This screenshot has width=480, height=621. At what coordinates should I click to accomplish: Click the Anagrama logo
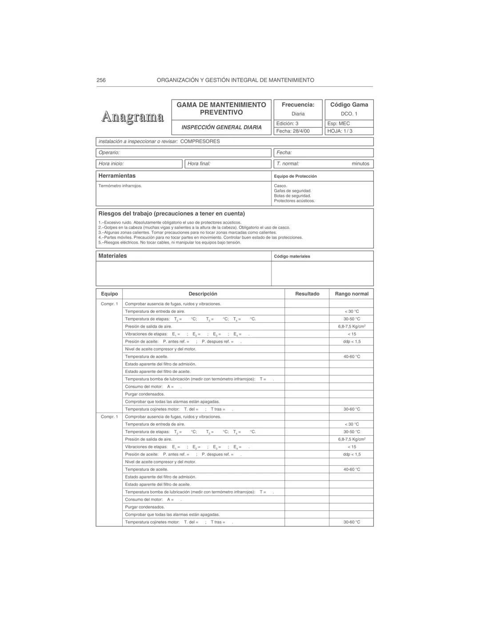point(132,117)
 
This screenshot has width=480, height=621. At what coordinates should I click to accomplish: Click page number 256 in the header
point(101,80)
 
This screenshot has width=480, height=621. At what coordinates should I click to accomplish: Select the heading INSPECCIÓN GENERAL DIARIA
point(221,128)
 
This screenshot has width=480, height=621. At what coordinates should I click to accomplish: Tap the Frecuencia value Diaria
point(298,114)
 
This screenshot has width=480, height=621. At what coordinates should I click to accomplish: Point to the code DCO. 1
point(349,114)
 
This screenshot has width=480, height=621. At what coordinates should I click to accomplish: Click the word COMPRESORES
point(200,141)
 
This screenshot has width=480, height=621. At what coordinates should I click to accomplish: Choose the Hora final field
point(227,164)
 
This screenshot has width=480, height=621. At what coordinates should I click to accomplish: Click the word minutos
point(360,164)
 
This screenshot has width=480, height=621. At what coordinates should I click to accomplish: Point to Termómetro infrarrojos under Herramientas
point(120,186)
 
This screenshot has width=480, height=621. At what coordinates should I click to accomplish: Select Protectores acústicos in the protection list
point(294,201)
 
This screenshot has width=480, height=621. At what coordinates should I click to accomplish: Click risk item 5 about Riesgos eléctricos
point(170,243)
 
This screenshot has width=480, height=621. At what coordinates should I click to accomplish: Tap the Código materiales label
point(292,256)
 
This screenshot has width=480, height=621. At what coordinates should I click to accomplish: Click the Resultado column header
point(307,294)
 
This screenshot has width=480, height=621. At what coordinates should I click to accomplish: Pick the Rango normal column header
point(352,294)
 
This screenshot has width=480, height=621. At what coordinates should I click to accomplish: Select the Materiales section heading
point(112,256)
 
